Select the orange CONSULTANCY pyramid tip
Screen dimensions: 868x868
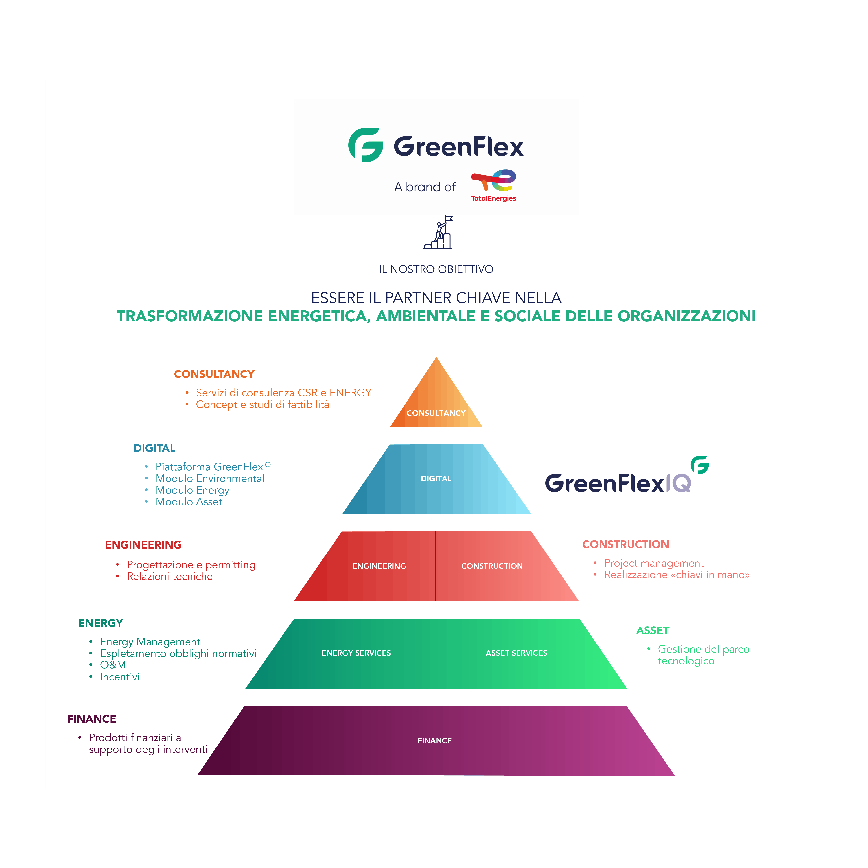(436, 400)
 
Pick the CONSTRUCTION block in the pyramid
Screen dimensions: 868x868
(492, 566)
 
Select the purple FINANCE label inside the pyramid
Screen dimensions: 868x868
(435, 740)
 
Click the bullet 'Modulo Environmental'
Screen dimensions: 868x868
(210, 478)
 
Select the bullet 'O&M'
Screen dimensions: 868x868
(113, 665)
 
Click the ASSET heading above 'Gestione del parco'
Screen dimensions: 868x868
(652, 631)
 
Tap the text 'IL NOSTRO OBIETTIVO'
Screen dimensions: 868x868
(436, 269)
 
